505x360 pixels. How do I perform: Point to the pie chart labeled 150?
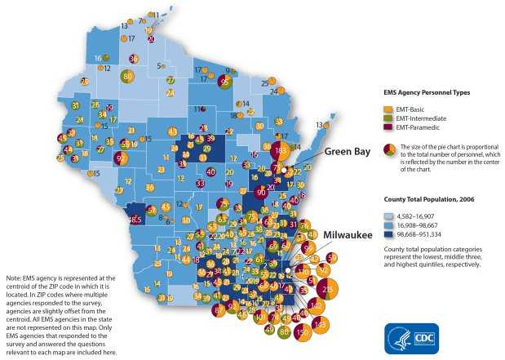click(x=303, y=332)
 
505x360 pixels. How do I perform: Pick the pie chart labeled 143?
click(x=320, y=324)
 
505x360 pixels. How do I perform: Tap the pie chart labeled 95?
click(x=224, y=81)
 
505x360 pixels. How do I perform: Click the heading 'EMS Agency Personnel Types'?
click(x=426, y=93)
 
